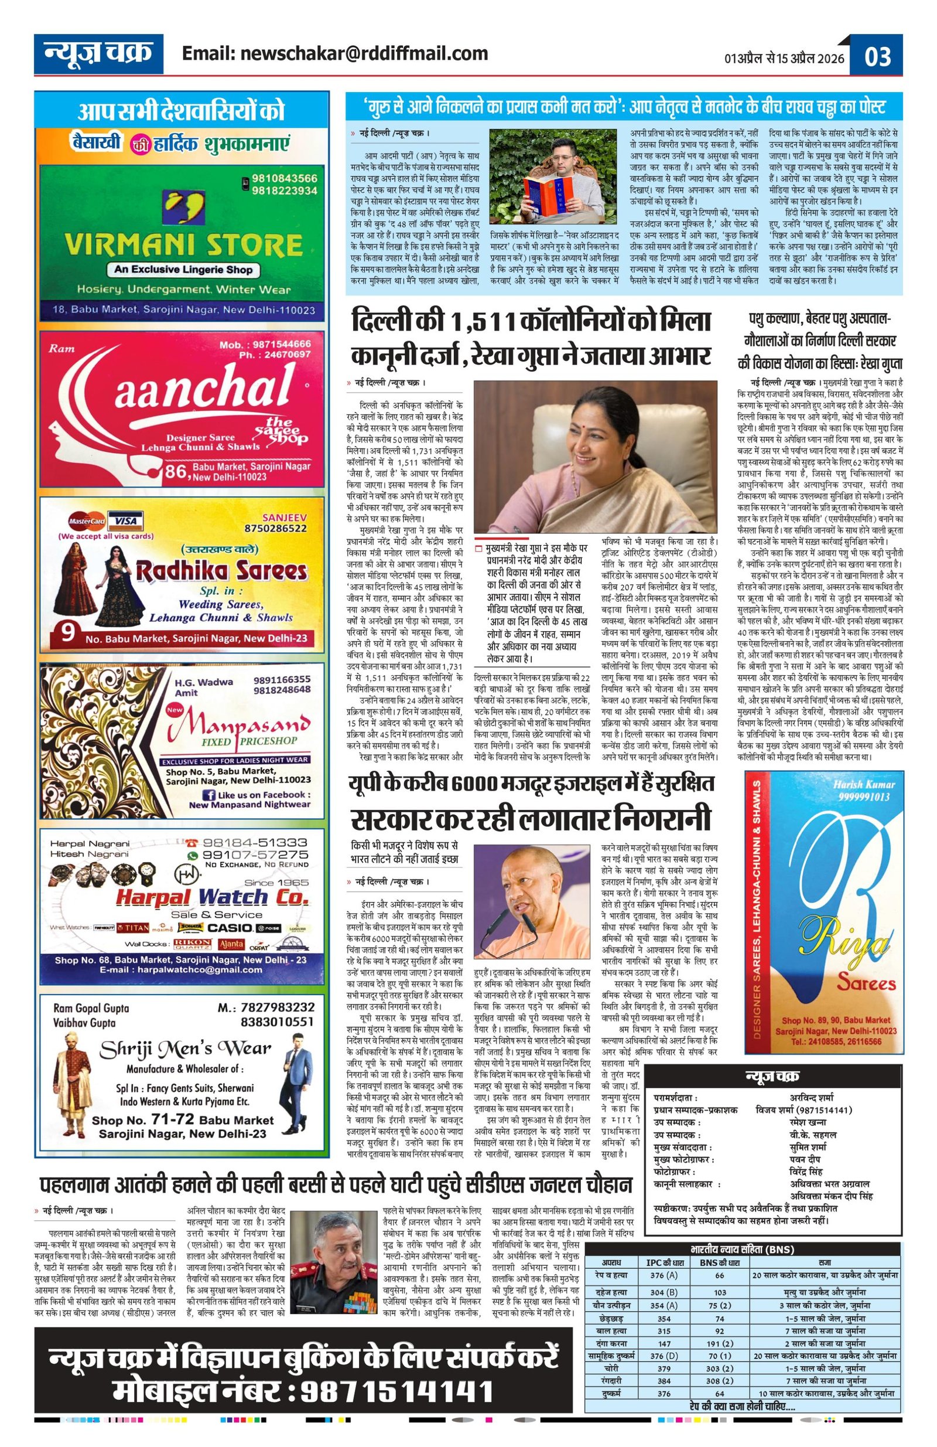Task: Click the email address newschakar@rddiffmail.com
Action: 335,53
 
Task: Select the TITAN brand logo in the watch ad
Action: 132,928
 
